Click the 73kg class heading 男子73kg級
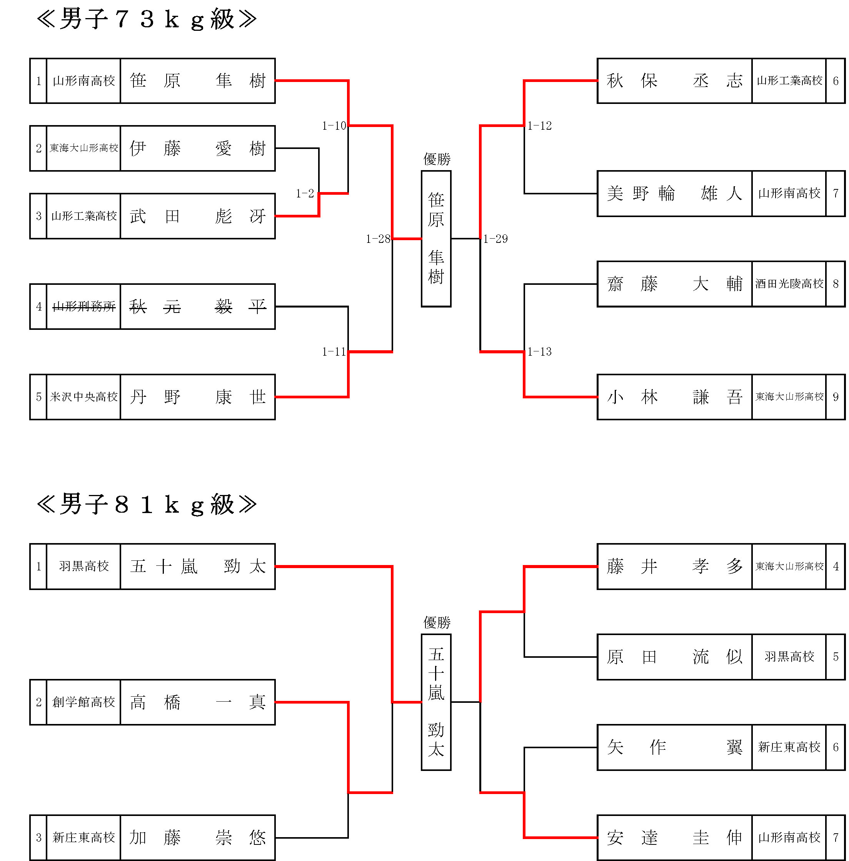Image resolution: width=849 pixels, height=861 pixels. pos(147,19)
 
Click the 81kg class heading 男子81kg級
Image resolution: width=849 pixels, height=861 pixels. pos(147,505)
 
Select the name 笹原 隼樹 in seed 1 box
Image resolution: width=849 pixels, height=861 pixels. pos(198,81)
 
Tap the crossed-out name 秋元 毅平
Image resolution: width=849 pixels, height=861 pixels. pos(198,307)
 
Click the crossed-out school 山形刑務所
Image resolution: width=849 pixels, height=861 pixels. pos(84,307)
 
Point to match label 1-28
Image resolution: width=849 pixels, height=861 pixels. pos(378,239)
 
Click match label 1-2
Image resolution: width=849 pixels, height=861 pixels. pos(305,194)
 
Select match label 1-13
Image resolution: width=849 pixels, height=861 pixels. pos(539,352)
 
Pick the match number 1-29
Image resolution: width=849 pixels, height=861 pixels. pos(495,239)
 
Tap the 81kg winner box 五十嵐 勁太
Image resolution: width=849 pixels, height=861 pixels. pos(436,702)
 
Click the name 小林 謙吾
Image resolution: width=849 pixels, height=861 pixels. pos(675,397)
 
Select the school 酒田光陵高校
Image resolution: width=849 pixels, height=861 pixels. pos(789,284)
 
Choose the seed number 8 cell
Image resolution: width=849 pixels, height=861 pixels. pos(836,284)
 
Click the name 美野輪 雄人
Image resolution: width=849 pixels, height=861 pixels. pos(675,194)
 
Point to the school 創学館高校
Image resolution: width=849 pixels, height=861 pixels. pos(84,702)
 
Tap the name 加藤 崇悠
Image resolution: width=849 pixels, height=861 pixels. pos(198,838)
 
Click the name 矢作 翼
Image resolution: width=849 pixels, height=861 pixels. pos(675,747)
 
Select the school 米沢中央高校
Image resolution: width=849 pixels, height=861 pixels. pos(84,397)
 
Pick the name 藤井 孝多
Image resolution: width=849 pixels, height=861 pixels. pos(675,567)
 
